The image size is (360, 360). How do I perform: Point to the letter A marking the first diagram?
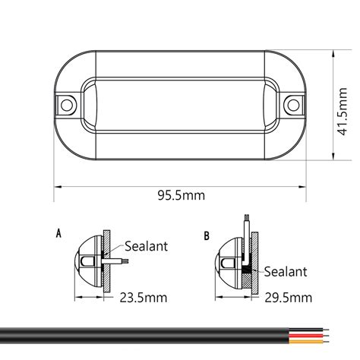(59, 233)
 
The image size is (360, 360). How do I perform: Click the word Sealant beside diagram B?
(286, 270)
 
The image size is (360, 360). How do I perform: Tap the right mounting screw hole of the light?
(292, 103)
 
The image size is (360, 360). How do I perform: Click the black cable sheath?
(152, 335)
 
